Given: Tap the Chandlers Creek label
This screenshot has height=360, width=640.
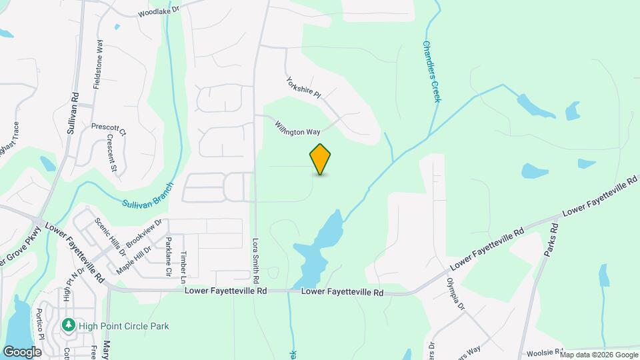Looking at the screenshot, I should [x=431, y=72].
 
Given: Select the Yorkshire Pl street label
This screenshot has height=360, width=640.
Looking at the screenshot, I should [x=303, y=88].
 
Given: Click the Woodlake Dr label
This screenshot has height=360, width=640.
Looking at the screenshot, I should [x=159, y=13].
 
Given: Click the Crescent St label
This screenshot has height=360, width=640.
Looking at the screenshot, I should [x=112, y=153].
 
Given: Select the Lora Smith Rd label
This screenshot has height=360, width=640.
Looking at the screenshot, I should [x=255, y=258].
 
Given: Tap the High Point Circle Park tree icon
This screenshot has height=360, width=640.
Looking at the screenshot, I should [x=68, y=326].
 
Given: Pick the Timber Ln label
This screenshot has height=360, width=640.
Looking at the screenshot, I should [x=185, y=263].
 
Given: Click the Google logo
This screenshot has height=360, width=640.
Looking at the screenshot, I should [x=22, y=351].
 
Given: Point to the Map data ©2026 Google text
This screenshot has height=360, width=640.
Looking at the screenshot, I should [x=598, y=355].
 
